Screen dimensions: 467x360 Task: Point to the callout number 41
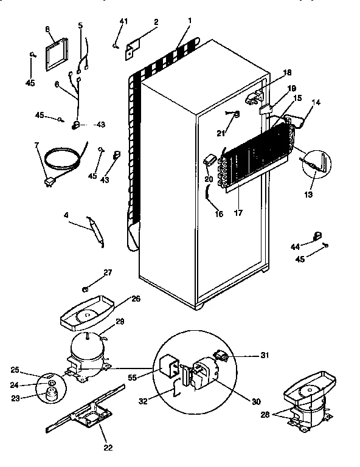(x=123, y=22)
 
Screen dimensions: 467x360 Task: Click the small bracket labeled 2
(x=133, y=50)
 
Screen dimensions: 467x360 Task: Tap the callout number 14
(x=316, y=103)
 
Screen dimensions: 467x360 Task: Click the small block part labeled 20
(x=211, y=160)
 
